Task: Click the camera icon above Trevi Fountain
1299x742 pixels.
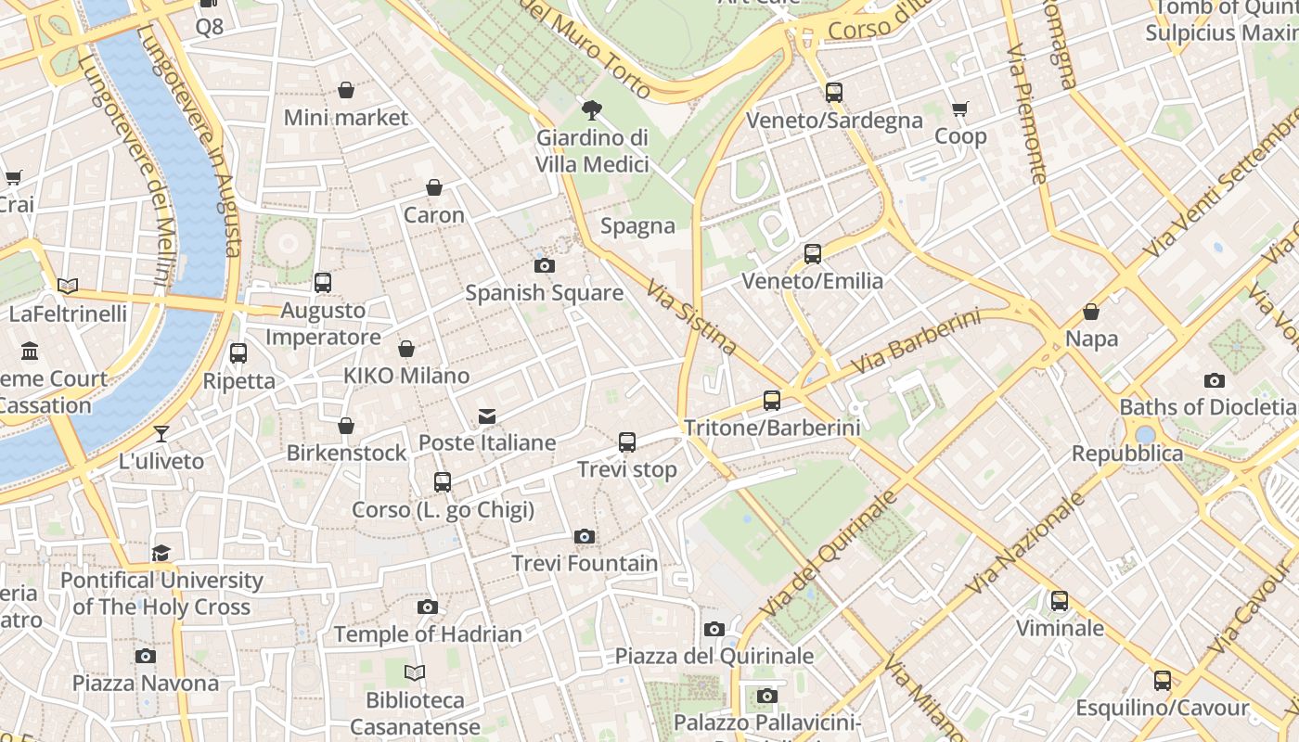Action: pyautogui.click(x=584, y=536)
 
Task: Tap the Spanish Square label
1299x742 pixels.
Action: pyautogui.click(x=544, y=293)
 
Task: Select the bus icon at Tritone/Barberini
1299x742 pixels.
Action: pyautogui.click(x=772, y=401)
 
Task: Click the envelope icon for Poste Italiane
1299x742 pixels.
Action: pyautogui.click(x=487, y=416)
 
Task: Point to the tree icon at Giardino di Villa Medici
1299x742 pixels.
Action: pyautogui.click(x=591, y=111)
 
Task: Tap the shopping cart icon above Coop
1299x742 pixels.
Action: pyautogui.click(x=960, y=109)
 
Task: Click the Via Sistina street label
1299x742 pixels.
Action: pyautogui.click(x=692, y=317)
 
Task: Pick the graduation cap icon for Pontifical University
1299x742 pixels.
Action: pyautogui.click(x=161, y=554)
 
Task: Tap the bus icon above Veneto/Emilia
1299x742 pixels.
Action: pyautogui.click(x=813, y=254)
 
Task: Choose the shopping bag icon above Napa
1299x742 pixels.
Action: pyautogui.click(x=1091, y=312)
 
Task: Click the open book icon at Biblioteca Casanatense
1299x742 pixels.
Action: pyautogui.click(x=415, y=672)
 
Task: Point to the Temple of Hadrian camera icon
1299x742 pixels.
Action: pyautogui.click(x=427, y=608)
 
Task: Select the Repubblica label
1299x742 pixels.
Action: pyautogui.click(x=1127, y=454)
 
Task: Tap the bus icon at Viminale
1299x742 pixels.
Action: pyautogui.click(x=1060, y=601)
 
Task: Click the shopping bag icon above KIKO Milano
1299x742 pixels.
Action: pyautogui.click(x=406, y=349)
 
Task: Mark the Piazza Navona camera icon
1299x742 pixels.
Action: pyautogui.click(x=146, y=657)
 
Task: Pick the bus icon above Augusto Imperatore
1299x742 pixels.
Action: pyautogui.click(x=323, y=283)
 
